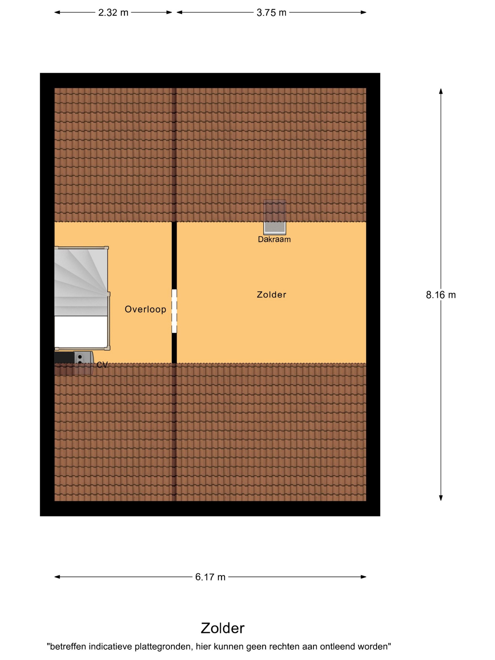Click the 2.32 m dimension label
(x=113, y=12)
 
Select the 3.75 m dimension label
(x=271, y=12)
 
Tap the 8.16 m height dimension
(x=441, y=295)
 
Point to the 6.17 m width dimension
(x=210, y=577)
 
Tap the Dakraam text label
(x=274, y=239)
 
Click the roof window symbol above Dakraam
(x=275, y=217)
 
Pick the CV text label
(x=102, y=365)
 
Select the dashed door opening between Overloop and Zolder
(x=174, y=311)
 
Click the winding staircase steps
(x=81, y=282)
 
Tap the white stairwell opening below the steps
(x=81, y=331)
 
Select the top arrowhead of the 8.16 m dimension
(x=441, y=91)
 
